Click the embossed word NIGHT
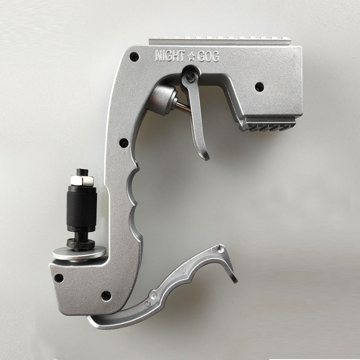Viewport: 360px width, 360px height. click(x=170, y=56)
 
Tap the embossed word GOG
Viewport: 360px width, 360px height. click(x=208, y=57)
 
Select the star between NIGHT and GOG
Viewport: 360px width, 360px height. click(x=191, y=57)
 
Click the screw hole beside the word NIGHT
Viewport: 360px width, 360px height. click(x=134, y=56)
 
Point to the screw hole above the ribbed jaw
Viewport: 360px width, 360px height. click(x=260, y=86)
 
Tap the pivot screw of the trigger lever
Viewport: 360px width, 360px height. click(x=191, y=76)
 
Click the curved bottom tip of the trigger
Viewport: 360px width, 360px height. click(x=206, y=157)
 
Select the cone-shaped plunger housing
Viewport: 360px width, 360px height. click(x=162, y=99)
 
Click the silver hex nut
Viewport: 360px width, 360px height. click(x=82, y=181)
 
